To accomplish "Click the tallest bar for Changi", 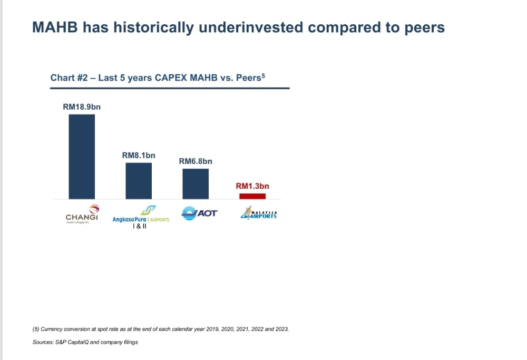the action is coord(82,157).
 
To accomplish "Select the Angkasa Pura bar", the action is coord(139,181).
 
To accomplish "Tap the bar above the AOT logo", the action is coord(196,184).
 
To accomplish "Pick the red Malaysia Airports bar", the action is coord(252,196).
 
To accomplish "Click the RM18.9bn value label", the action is coord(82,107).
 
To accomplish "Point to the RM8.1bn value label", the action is coord(139,155).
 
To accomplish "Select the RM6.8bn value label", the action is coord(196,161).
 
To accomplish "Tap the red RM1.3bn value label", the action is coord(252,186).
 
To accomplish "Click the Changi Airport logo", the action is coord(82,214).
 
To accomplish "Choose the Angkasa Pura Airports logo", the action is coord(141,214).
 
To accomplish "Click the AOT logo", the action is coord(199,213).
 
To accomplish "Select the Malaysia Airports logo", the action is coord(258,213).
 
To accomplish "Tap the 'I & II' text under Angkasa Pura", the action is coord(140,226).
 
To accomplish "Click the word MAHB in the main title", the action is coord(55,27).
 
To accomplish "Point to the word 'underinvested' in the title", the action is coord(251,27).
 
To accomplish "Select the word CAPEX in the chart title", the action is coord(171,77).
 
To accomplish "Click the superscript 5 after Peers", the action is coord(263,75).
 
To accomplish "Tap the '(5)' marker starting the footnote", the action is coord(36,329).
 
